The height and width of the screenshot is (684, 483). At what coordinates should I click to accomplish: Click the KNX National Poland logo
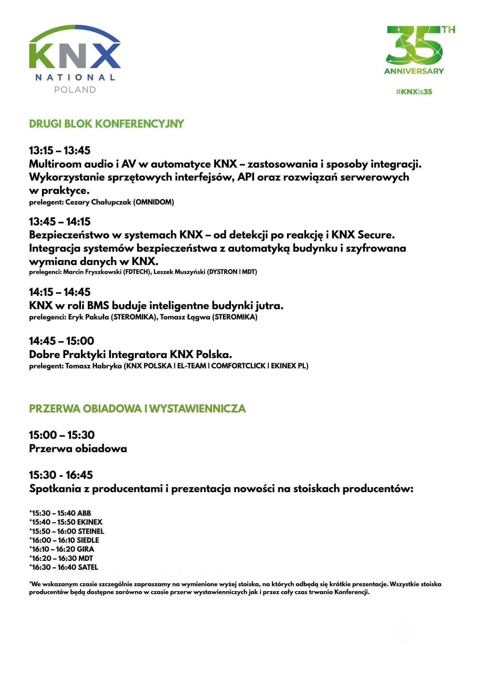click(x=75, y=59)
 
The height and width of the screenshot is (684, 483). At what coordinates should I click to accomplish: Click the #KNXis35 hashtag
click(x=414, y=92)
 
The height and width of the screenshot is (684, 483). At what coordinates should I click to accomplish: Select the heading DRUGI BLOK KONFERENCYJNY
click(x=107, y=124)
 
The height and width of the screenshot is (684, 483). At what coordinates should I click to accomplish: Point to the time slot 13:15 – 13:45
click(x=60, y=150)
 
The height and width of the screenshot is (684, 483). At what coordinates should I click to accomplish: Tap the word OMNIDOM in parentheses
click(x=153, y=202)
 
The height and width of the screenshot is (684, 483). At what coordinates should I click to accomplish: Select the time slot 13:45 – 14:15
click(x=60, y=222)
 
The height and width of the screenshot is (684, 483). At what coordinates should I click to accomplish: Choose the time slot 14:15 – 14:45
click(x=60, y=292)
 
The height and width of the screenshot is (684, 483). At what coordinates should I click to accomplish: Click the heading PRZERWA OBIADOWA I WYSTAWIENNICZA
click(x=137, y=409)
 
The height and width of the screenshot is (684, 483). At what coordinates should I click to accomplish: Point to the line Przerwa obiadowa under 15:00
click(x=78, y=449)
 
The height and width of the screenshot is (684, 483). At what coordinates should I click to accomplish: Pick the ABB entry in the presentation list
click(x=60, y=513)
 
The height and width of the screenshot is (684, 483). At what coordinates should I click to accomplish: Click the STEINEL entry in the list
click(x=67, y=531)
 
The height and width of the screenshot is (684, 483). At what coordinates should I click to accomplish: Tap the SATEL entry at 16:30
click(x=64, y=567)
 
